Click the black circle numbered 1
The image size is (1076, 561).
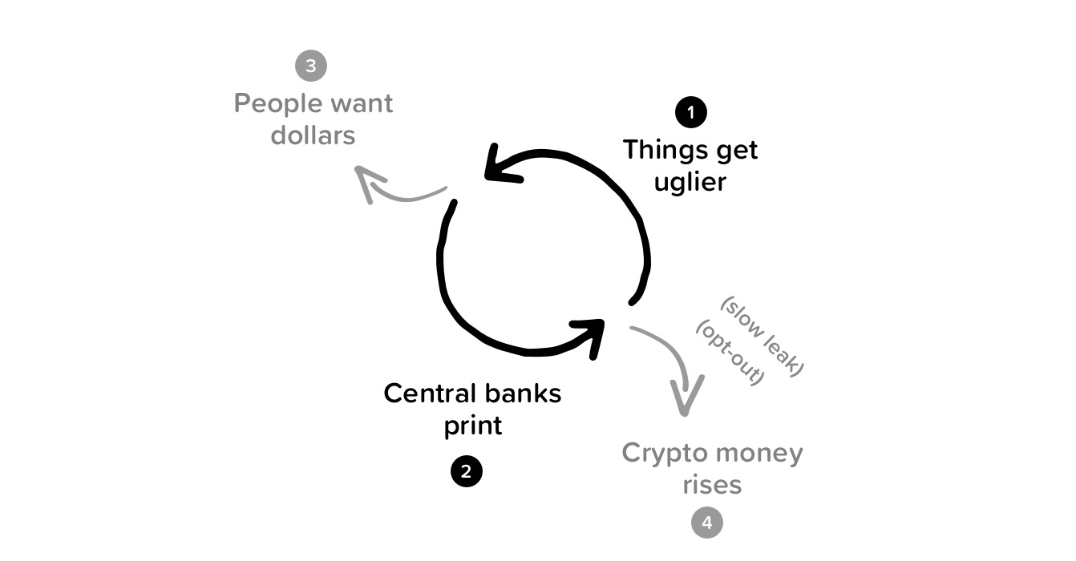pos(691,112)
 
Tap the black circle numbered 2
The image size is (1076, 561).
pos(467,471)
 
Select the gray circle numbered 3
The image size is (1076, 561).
pos(311,66)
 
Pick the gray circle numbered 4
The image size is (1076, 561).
pos(707,523)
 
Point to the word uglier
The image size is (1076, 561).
pos(690,182)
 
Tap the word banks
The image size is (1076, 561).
pos(523,394)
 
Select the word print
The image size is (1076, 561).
pos(473,426)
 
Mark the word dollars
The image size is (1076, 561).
pos(313,135)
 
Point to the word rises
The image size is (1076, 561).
pos(712,485)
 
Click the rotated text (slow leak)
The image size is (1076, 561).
pos(763,337)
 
